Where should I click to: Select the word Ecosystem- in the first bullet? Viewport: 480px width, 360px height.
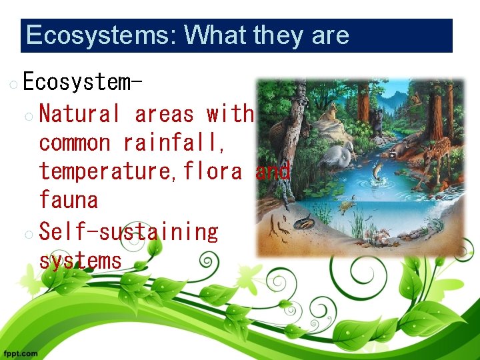pyautogui.click(x=82, y=82)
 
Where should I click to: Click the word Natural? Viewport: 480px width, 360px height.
pyautogui.click(x=79, y=114)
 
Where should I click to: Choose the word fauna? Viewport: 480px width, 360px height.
pyautogui.click(x=68, y=200)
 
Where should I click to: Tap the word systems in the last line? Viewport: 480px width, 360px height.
pyautogui.click(x=81, y=260)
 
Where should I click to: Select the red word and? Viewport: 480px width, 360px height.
pyautogui.click(x=273, y=171)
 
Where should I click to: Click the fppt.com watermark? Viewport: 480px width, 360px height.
pyautogui.click(x=20, y=353)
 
